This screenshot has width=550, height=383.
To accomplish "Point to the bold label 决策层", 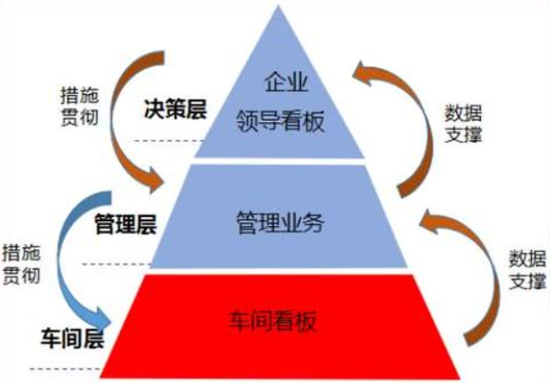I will pos(175,111).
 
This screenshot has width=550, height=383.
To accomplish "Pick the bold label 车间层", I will pos(71,341).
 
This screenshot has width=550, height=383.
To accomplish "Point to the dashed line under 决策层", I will pos(163,141).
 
